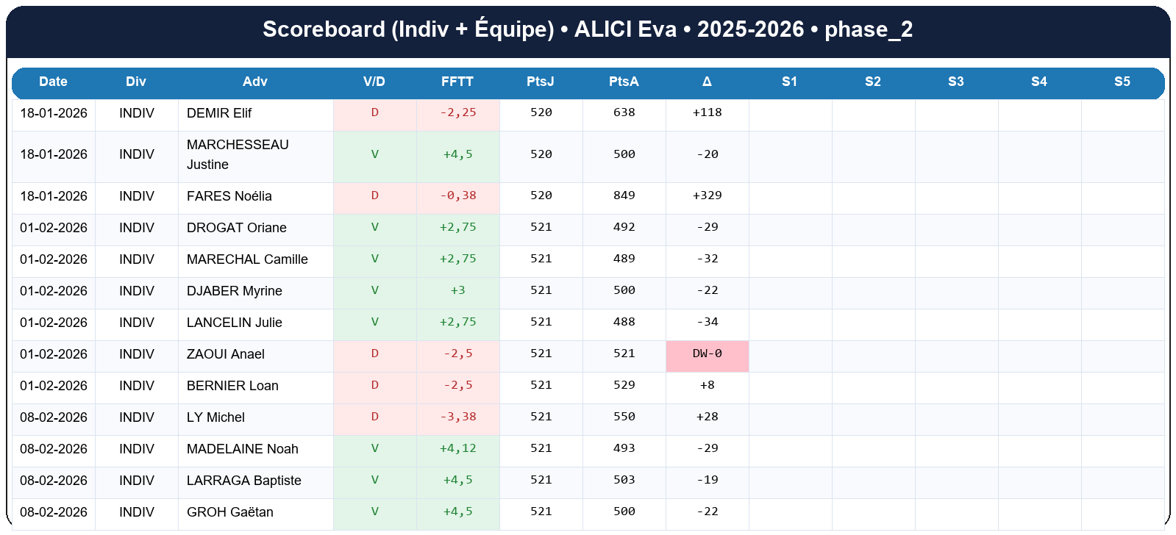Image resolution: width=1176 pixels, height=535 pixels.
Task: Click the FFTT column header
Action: click(x=457, y=82)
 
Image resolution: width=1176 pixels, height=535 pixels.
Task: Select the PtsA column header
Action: click(x=624, y=82)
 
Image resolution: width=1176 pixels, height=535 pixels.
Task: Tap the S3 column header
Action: click(x=955, y=82)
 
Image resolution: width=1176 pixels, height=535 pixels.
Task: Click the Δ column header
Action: click(x=707, y=82)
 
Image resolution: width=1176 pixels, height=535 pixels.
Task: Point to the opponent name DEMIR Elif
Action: click(x=219, y=113)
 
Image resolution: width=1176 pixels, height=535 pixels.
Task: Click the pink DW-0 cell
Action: click(x=707, y=354)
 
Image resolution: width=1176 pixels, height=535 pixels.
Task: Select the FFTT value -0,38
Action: click(x=457, y=195)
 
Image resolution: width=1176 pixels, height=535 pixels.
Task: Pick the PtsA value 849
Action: click(x=624, y=195)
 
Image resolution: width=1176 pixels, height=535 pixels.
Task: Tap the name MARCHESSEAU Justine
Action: click(x=237, y=154)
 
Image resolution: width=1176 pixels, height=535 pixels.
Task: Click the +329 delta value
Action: click(x=707, y=195)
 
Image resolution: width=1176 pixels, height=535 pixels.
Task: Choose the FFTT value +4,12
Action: click(x=457, y=448)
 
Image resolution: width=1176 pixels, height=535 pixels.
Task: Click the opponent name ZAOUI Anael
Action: click(x=225, y=354)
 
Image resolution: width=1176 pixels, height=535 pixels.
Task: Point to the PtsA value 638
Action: click(x=624, y=112)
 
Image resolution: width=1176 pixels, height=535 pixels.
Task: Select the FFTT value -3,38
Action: click(x=457, y=417)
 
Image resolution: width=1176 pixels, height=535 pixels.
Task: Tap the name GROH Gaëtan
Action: click(x=229, y=512)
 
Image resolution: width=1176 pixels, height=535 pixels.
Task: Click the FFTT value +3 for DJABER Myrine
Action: click(x=457, y=290)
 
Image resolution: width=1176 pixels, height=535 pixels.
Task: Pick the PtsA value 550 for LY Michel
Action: click(x=624, y=417)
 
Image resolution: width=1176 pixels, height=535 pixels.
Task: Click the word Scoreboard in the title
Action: click(x=324, y=29)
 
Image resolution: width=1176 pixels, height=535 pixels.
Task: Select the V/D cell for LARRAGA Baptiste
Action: click(x=374, y=480)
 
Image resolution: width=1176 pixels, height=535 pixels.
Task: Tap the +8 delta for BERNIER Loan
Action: click(x=707, y=385)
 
